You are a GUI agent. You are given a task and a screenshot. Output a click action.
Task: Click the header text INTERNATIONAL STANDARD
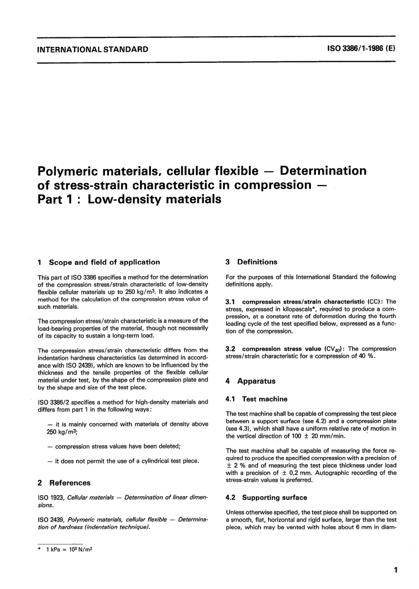93,49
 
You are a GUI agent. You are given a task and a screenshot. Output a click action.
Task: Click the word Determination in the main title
323,170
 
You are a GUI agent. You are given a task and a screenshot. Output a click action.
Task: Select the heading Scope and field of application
104,262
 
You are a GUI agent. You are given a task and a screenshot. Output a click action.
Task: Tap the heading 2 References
64,483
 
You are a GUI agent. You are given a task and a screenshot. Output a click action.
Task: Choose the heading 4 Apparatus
251,381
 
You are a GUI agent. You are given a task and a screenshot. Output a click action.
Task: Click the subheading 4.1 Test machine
256,399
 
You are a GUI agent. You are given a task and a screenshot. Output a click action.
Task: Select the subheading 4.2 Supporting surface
266,497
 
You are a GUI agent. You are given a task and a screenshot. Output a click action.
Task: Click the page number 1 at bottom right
396,570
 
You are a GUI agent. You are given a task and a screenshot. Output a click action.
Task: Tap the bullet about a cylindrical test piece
123,461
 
